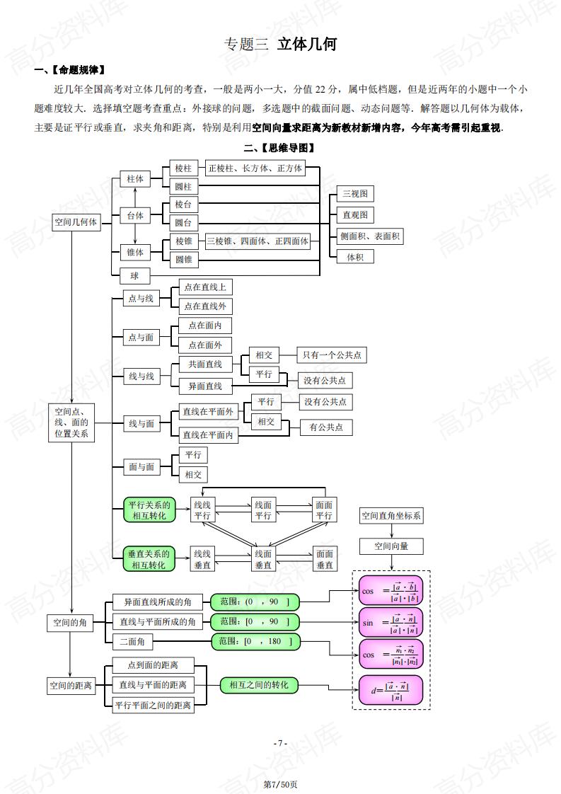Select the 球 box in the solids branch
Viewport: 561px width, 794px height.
pyautogui.click(x=134, y=276)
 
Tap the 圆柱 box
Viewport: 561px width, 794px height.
pyautogui.click(x=184, y=187)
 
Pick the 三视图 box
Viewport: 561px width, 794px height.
pyautogui.click(x=354, y=194)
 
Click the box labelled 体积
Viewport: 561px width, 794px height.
pyautogui.click(x=354, y=257)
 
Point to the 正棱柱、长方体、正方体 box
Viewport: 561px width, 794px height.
pyautogui.click(x=255, y=168)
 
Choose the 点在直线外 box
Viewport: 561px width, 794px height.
pyautogui.click(x=204, y=306)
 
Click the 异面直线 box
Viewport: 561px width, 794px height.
pyautogui.click(x=204, y=386)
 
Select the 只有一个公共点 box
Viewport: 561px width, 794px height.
pyautogui.click(x=332, y=355)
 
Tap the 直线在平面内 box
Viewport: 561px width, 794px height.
pyautogui.click(x=207, y=435)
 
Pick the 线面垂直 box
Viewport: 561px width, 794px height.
pyautogui.click(x=263, y=559)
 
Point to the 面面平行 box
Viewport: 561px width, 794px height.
pyautogui.click(x=324, y=510)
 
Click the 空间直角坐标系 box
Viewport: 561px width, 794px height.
pyautogui.click(x=391, y=516)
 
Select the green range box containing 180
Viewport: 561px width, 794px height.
pyautogui.click(x=255, y=641)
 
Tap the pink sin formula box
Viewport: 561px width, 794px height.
pyautogui.click(x=391, y=623)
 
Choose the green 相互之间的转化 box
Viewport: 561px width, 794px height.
pyautogui.click(x=259, y=685)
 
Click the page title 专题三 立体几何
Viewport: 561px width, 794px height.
pyautogui.click(x=280, y=44)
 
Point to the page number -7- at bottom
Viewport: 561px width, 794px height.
pyautogui.click(x=280, y=742)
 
